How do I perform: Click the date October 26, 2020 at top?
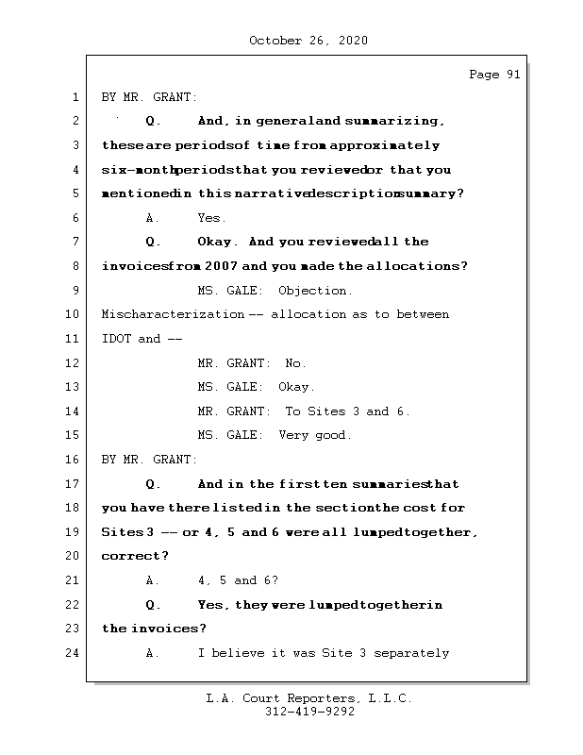click(x=308, y=41)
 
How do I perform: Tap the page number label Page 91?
click(x=494, y=75)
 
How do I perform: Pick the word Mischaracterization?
click(x=173, y=314)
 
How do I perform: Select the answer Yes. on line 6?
click(x=212, y=218)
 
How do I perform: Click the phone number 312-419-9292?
click(x=309, y=713)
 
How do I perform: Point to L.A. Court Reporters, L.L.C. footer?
click(x=309, y=698)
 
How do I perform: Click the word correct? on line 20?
click(x=135, y=556)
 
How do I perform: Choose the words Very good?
click(x=315, y=435)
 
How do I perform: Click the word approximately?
click(x=386, y=146)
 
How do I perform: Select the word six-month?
click(x=137, y=170)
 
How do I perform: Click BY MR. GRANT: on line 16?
click(x=150, y=460)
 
